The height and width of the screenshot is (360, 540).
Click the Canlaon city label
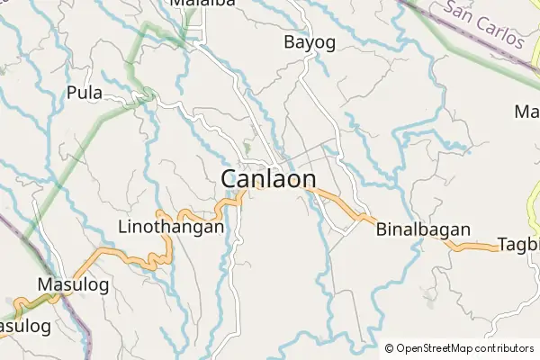(268, 179)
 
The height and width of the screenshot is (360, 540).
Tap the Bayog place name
(310, 41)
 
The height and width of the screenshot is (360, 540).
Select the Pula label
(84, 93)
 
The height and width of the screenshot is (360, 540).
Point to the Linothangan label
(171, 229)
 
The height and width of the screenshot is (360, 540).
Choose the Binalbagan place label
(423, 229)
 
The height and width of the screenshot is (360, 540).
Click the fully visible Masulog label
(73, 284)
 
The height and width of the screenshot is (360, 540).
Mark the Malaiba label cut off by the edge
(202, 4)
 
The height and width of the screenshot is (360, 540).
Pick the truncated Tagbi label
(518, 244)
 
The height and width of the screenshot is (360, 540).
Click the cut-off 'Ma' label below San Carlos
(526, 112)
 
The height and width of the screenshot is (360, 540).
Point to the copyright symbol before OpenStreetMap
(390, 348)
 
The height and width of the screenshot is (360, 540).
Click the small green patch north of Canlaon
(247, 146)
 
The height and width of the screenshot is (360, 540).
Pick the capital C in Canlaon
(230, 179)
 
